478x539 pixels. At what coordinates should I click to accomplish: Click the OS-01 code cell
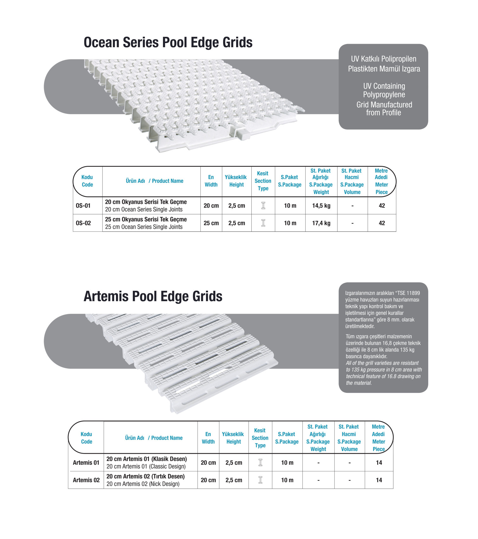83,206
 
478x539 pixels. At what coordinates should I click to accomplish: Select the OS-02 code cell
83,223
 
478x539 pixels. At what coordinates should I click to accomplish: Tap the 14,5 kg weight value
321,206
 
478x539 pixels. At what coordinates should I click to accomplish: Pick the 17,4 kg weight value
321,223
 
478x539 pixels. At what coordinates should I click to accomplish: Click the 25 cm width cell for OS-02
211,223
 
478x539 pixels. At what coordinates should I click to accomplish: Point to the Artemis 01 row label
86,463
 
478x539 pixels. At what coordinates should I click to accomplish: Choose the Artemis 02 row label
86,480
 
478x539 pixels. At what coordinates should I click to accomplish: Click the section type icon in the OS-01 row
263,205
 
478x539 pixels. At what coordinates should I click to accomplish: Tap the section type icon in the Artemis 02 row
260,480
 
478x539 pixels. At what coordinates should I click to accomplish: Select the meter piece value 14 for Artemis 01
379,463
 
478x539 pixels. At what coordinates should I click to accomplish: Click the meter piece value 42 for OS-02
382,223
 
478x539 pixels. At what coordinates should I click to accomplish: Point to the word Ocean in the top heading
101,42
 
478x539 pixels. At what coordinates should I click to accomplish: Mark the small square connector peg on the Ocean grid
243,134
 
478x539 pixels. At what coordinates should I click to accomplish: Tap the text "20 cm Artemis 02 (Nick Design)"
143,484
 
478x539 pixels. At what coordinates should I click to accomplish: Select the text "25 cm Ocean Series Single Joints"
144,227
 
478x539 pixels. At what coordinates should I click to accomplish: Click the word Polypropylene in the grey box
384,94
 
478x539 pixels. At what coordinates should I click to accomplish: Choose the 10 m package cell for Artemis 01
287,463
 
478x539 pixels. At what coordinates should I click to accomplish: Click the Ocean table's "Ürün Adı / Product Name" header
154,181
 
